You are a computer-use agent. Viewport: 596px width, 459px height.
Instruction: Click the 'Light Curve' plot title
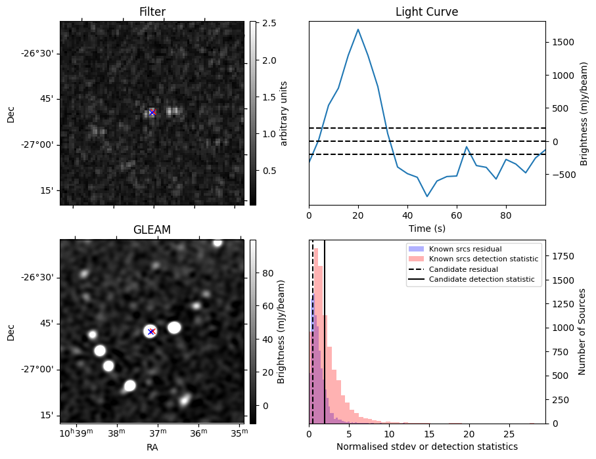[426, 12]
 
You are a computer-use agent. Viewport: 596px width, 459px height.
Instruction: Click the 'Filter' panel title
[152, 12]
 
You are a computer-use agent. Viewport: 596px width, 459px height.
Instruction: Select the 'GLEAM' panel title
[152, 230]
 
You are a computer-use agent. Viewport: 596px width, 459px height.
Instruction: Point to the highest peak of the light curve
[358, 29]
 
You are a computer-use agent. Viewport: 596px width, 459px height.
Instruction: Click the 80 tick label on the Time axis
[505, 215]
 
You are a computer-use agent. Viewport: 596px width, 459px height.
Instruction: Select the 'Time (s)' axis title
[426, 227]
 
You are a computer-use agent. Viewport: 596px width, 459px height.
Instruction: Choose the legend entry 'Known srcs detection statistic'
[483, 259]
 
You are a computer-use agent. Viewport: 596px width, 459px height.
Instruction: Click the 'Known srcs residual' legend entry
[465, 249]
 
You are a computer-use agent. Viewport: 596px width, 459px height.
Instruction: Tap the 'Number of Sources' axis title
[582, 332]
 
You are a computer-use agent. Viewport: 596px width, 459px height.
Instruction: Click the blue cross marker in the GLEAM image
[151, 332]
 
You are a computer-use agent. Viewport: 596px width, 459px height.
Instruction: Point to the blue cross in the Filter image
[152, 113]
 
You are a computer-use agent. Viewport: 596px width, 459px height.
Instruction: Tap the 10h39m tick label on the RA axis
[76, 433]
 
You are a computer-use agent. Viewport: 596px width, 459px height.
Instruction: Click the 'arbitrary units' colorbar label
[284, 113]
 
